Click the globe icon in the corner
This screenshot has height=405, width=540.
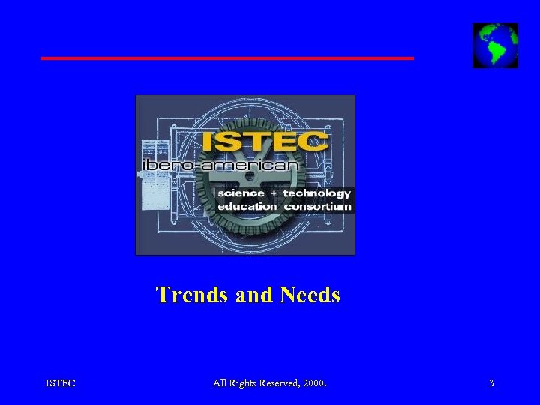[495, 45]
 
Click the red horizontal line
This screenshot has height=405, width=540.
[226, 58]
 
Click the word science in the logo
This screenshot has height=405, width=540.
[241, 193]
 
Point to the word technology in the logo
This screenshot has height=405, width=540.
[316, 193]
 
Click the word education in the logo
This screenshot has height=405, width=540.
[247, 206]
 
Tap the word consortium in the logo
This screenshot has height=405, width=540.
[317, 206]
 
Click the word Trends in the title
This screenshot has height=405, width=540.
[193, 295]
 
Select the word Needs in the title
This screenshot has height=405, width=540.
[310, 295]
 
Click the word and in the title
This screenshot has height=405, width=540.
[254, 295]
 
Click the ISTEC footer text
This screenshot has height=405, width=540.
[60, 383]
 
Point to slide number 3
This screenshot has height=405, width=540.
[491, 383]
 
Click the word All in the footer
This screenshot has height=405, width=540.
[219, 383]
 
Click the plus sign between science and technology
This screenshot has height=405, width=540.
[274, 193]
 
